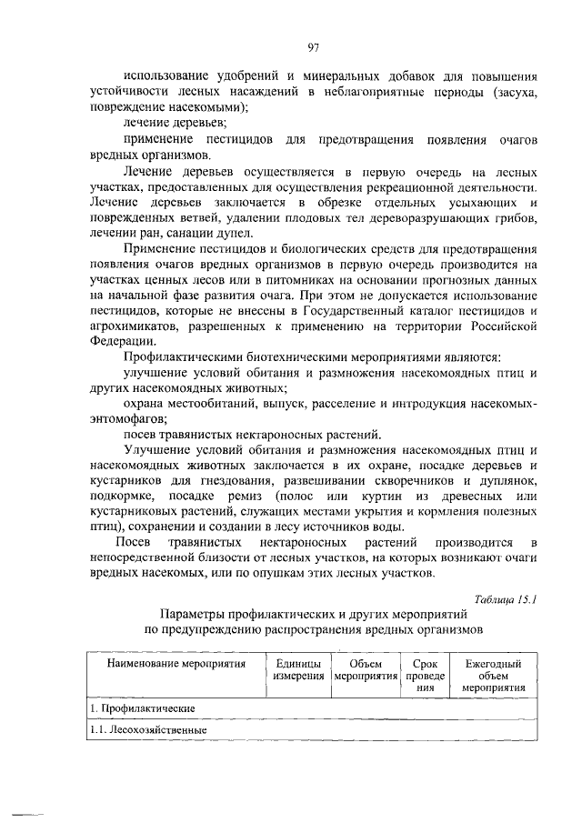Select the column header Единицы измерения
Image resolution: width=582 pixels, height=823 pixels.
(x=299, y=672)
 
